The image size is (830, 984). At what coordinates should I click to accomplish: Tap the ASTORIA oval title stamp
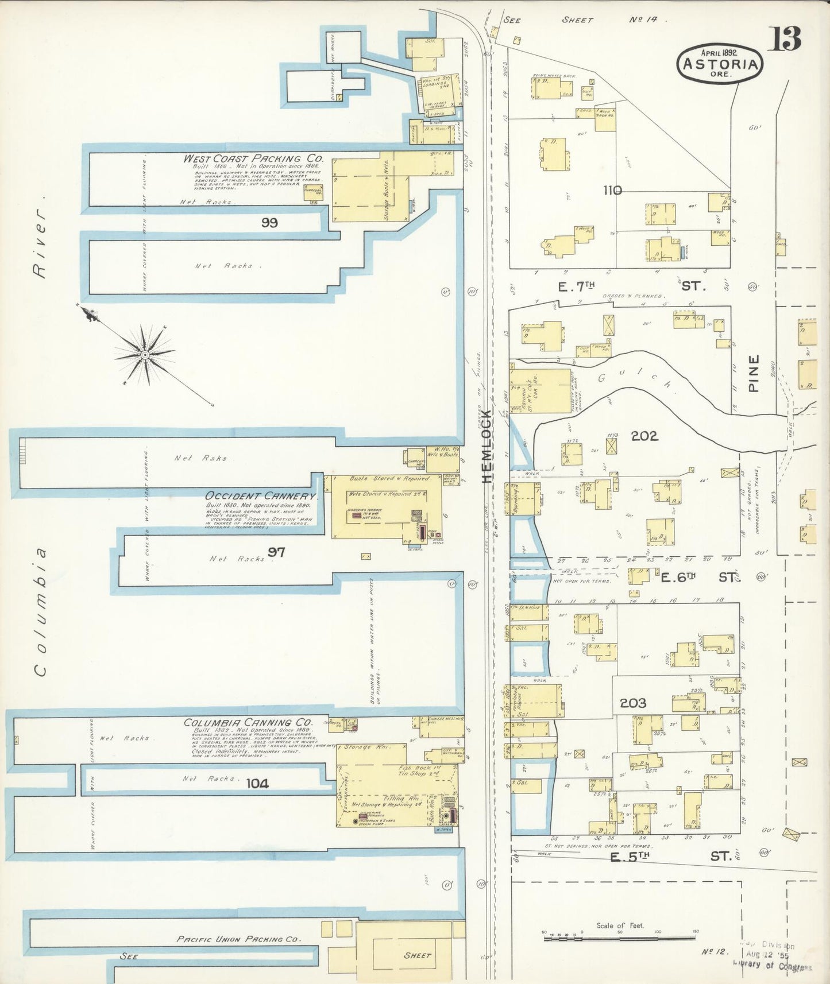point(720,63)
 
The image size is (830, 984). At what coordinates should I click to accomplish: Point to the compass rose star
point(145,354)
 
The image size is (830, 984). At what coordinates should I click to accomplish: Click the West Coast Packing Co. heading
point(253,158)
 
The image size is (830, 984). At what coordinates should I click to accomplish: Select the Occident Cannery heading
point(261,495)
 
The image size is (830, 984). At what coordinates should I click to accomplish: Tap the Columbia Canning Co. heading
point(248,722)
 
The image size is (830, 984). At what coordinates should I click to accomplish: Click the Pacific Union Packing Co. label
point(238,939)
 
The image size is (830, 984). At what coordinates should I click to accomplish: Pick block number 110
point(612,190)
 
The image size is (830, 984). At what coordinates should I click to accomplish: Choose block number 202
point(644,436)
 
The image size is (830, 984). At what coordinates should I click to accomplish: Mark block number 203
point(633,703)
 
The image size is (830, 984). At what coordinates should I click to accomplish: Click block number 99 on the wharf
point(269,223)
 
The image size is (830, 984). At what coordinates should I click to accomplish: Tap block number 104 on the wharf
point(257,783)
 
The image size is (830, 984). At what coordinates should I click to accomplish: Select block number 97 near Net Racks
point(276,552)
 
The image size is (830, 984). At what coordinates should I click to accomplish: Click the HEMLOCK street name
point(486,446)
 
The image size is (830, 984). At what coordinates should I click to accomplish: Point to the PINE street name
point(754,373)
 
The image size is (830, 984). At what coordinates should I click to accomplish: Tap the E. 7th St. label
point(629,285)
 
